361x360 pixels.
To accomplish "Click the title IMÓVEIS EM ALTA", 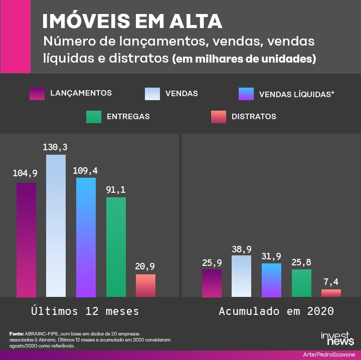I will tap(131, 21).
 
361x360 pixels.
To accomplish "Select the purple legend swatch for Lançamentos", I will tap(38, 94).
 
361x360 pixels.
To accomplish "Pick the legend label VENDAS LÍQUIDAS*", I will tap(296, 94).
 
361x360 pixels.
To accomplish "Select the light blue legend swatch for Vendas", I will tap(152, 94).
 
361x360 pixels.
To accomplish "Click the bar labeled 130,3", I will tap(56, 225).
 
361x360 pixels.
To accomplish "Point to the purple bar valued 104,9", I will tap(26, 239).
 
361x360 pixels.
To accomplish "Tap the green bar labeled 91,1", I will tap(116, 246).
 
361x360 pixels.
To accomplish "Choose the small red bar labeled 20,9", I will tap(145, 285).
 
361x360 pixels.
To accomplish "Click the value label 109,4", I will tap(85, 170).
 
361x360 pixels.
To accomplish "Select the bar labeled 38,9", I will tap(241, 276).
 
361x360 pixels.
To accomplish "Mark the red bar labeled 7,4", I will tap(331, 293).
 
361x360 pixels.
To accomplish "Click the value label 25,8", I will tap(301, 262).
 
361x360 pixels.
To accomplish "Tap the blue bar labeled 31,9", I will tap(271, 280).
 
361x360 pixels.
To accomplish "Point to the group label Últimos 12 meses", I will tap(85, 311).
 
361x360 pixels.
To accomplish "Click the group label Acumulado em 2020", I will tap(276, 311).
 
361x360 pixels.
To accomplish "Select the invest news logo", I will tap(337, 338).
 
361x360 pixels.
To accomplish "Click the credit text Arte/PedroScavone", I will tap(328, 354).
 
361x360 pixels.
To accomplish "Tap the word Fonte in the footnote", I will tap(16, 333).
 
